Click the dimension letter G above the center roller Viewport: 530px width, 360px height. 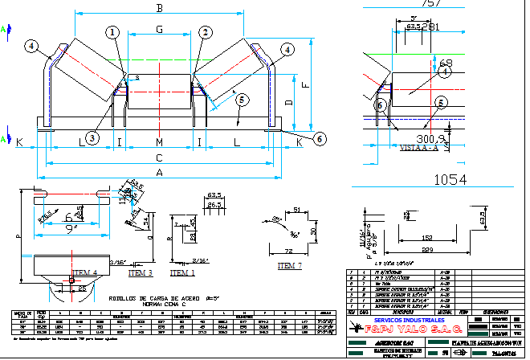160,30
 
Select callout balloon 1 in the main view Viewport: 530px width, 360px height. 112,31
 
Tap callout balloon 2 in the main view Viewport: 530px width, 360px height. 206,32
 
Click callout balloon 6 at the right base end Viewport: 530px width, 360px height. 320,139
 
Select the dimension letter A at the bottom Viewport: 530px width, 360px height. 159,173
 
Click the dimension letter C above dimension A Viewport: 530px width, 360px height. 159,157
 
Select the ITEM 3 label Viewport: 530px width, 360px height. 140,273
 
